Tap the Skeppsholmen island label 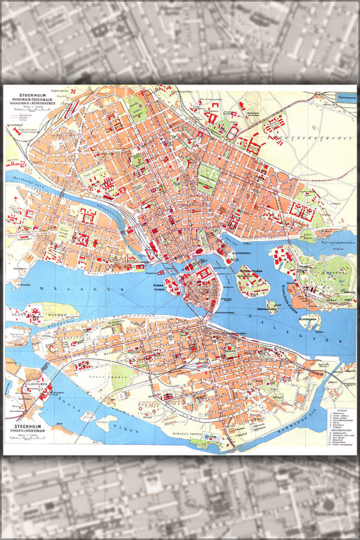[255, 269]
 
